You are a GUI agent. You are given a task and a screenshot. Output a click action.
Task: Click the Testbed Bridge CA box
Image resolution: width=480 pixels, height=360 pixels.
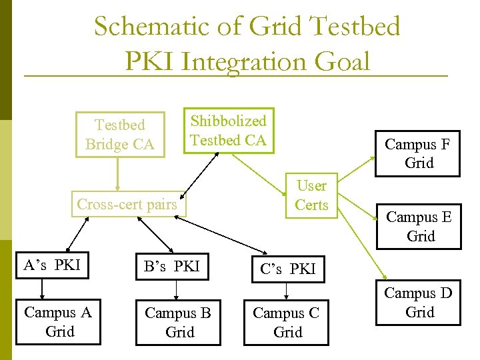click(119, 135)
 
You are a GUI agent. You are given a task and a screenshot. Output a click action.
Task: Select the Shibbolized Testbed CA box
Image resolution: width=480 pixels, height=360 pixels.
click(228, 131)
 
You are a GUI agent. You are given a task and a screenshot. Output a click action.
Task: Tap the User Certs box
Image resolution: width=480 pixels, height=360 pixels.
click(311, 195)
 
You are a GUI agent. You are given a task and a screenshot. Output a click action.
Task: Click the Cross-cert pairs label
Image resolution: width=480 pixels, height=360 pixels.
click(127, 204)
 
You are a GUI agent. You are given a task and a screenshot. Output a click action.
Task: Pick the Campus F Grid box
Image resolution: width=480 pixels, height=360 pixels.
click(417, 153)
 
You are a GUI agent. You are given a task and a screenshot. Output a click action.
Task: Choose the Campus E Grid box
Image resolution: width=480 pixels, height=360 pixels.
click(419, 227)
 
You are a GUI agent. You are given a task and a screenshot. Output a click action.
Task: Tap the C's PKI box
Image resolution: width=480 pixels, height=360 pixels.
click(287, 269)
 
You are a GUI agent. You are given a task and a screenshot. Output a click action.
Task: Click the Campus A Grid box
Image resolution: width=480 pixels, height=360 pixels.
click(58, 322)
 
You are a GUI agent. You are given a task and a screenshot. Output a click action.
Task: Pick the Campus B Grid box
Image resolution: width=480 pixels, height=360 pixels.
click(177, 323)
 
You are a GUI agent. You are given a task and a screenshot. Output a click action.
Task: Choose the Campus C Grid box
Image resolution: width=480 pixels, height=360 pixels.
click(286, 323)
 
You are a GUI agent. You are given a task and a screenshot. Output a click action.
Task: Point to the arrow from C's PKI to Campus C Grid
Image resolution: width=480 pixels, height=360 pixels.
click(287, 291)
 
